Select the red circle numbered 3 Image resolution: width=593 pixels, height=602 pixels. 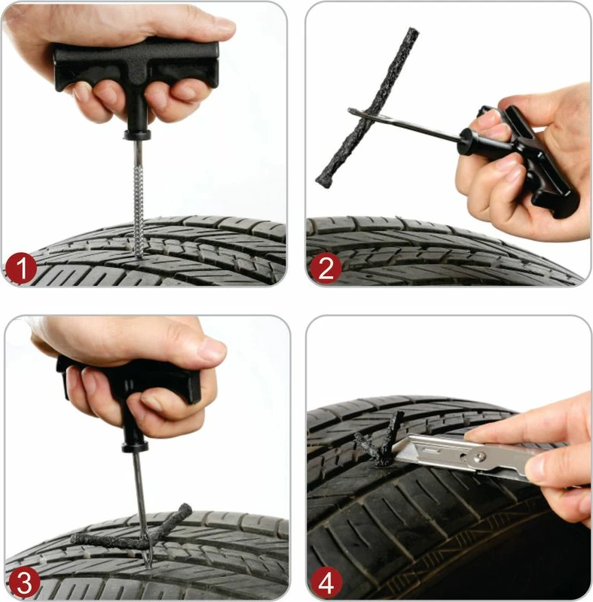click(20, 582)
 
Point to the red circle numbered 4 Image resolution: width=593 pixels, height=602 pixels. click(326, 582)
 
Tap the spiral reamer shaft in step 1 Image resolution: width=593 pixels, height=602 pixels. click(139, 196)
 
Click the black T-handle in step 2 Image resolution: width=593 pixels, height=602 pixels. click(527, 158)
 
